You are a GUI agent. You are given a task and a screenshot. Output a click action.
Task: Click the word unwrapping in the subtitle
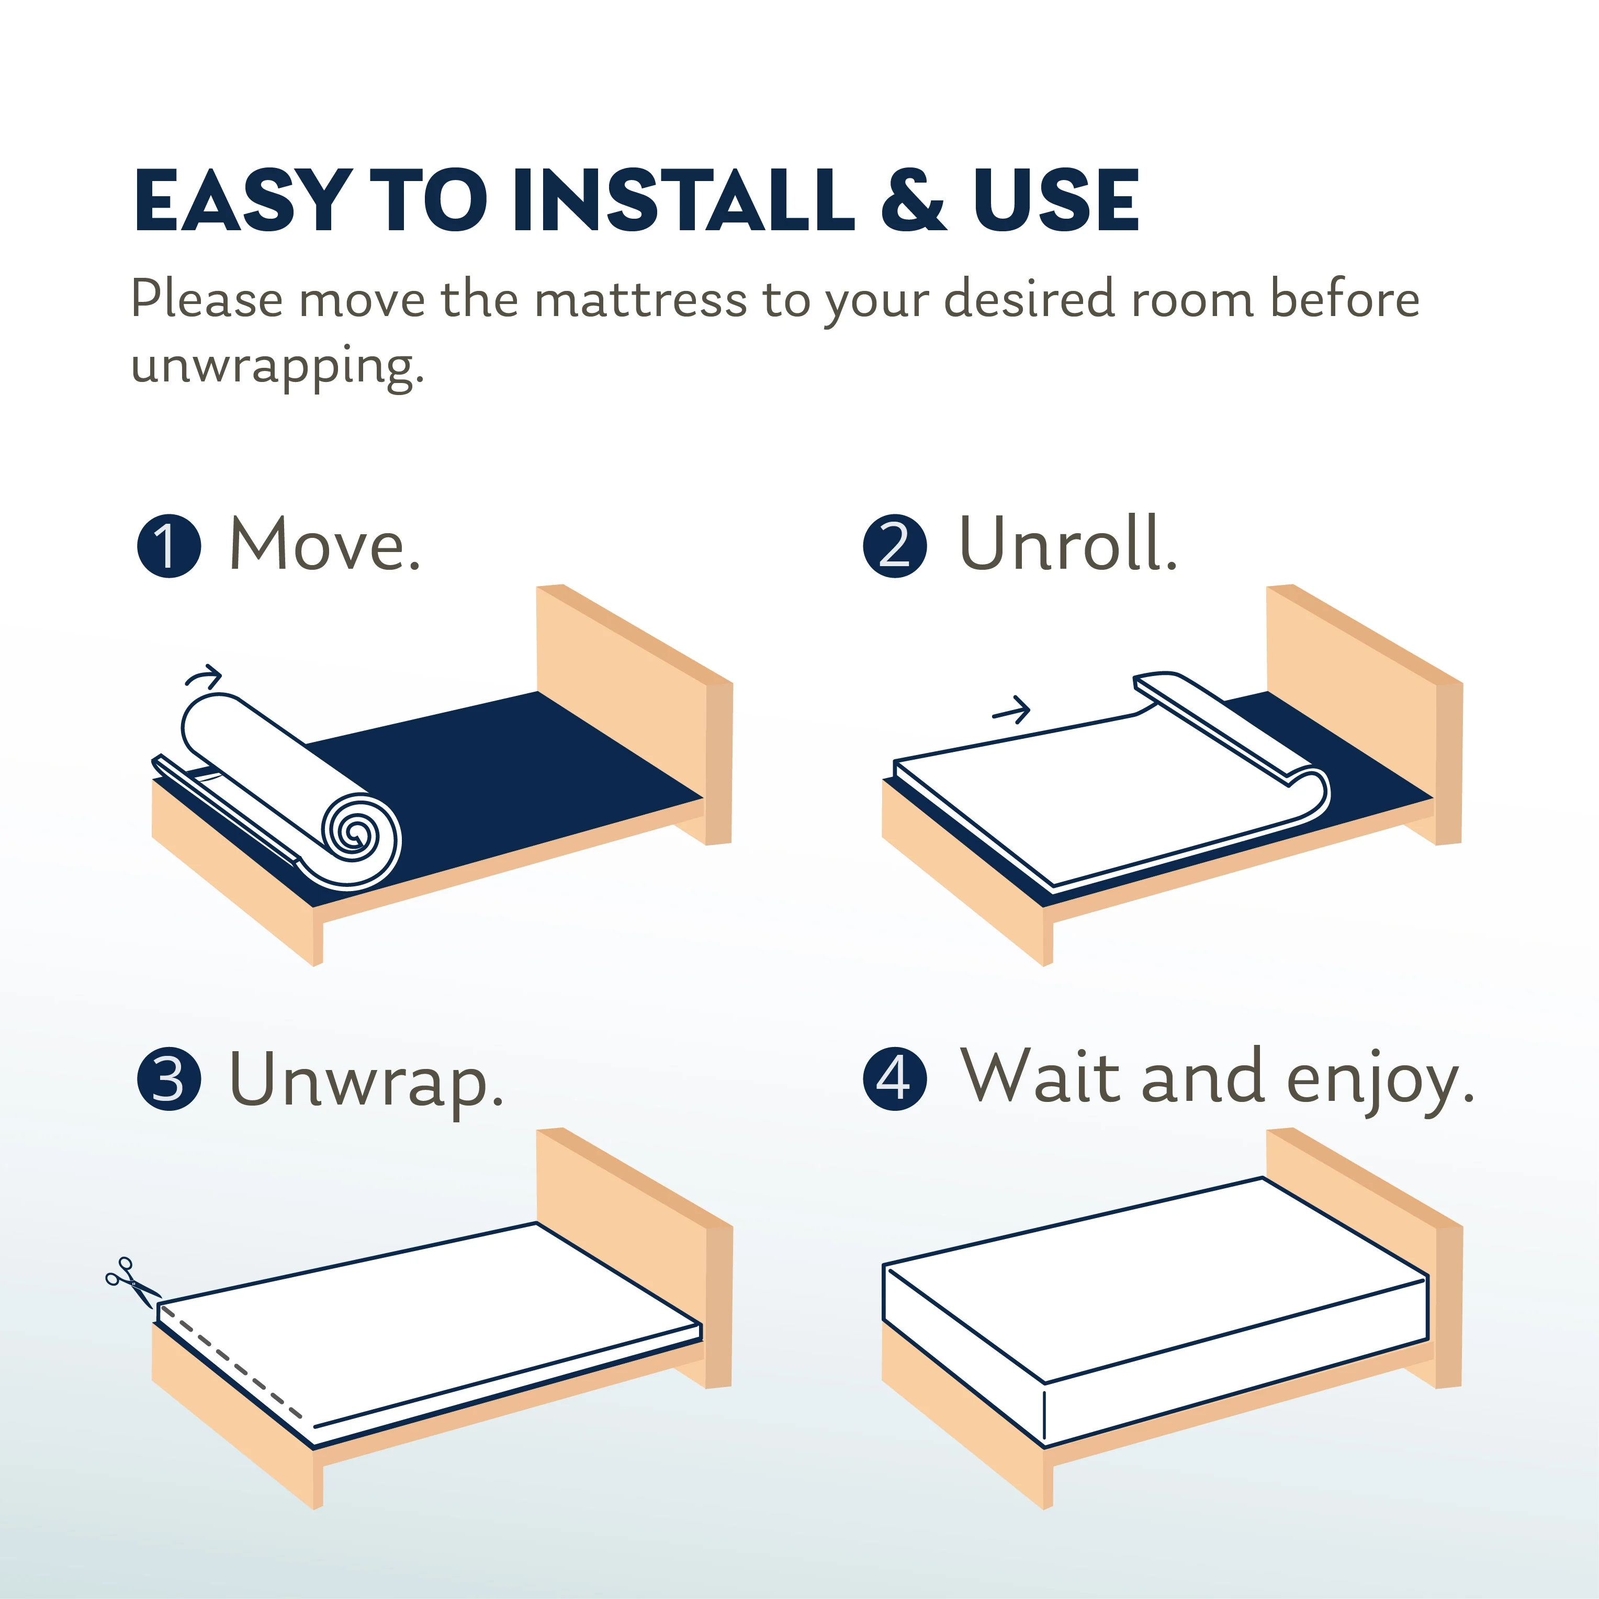point(277,365)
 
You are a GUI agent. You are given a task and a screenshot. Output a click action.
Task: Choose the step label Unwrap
point(366,1080)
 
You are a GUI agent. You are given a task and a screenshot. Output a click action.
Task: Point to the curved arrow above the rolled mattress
point(204,677)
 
